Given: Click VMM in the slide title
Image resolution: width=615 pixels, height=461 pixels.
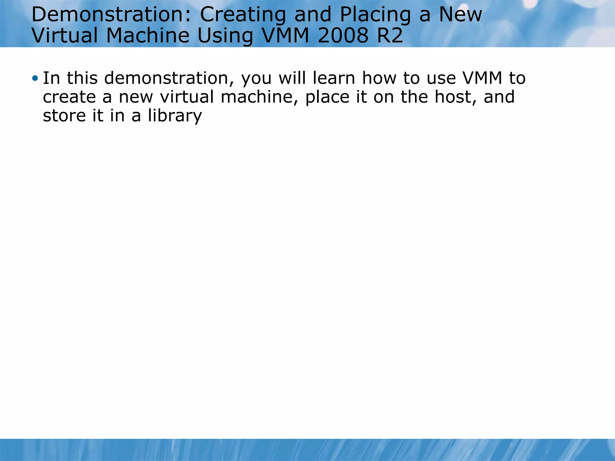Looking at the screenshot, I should coord(286,35).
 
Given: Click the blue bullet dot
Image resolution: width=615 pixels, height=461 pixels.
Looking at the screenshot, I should coord(35,79).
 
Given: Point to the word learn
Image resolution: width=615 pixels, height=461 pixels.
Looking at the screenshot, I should coord(334,78).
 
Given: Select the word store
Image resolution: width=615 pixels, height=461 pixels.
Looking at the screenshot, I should coord(64,116).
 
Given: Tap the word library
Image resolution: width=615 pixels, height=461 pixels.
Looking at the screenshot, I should coord(175,116).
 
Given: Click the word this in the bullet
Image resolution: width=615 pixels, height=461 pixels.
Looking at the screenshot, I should coord(82,78).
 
